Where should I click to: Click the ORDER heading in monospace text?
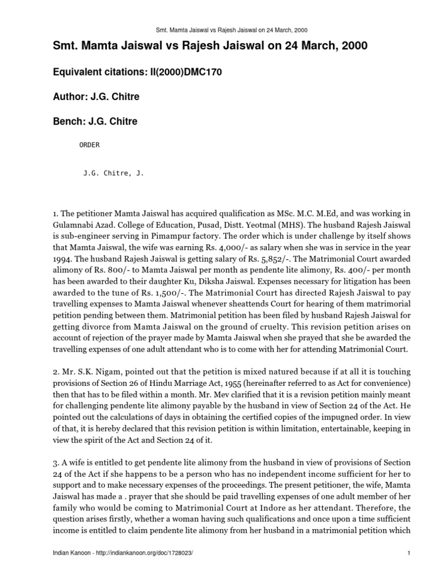tap(89, 145)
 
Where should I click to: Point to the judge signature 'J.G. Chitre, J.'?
tap(114, 174)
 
